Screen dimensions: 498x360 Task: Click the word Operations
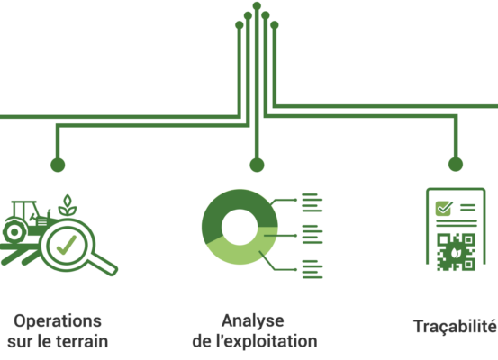point(58,321)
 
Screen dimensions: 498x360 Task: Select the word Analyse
point(253,321)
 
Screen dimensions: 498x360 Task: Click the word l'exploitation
point(267,342)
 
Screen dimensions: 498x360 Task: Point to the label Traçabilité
point(455,327)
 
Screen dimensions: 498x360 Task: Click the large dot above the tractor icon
point(58,165)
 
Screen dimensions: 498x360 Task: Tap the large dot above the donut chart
point(257,165)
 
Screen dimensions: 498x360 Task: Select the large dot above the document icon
point(456,165)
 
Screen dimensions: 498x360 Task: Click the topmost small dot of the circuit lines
point(257,5)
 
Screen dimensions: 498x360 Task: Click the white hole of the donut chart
point(240,227)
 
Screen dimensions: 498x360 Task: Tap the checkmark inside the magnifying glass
point(67,245)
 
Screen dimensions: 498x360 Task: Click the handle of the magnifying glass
point(104,264)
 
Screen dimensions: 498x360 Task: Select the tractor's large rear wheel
point(14,232)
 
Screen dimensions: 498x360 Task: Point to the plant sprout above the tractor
point(68,206)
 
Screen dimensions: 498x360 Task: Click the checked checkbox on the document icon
point(444,208)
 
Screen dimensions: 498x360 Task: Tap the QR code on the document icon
point(456,252)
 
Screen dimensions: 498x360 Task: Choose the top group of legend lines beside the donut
point(312,202)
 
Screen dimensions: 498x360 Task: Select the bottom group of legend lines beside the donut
point(312,269)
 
